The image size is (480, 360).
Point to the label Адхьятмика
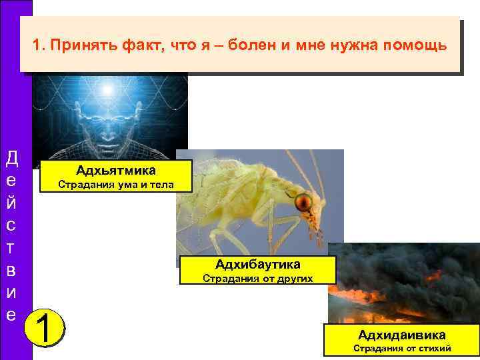pyautogui.click(x=116, y=170)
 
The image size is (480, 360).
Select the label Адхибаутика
pyautogui.click(x=257, y=264)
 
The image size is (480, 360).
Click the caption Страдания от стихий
pyautogui.click(x=401, y=348)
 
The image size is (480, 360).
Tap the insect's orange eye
pyautogui.click(x=304, y=200)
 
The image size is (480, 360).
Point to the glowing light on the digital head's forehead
pyautogui.click(x=107, y=90)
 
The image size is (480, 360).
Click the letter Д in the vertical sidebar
pyautogui.click(x=11, y=158)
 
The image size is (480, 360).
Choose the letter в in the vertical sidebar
pyautogui.click(x=11, y=270)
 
